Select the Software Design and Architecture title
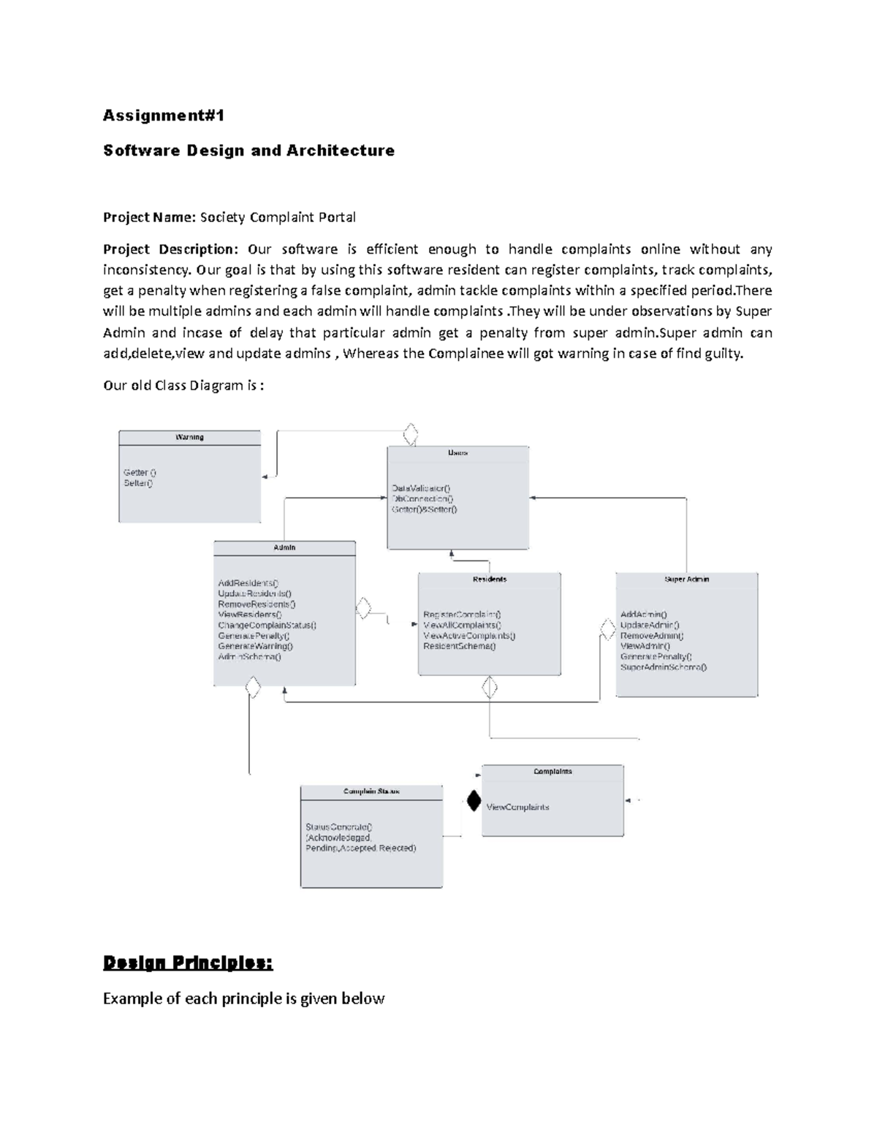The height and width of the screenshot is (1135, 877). (248, 151)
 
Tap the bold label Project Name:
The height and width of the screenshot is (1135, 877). (150, 217)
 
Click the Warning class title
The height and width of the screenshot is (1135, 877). (189, 437)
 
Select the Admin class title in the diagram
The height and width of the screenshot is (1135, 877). (284, 547)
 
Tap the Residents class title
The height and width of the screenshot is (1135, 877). (490, 579)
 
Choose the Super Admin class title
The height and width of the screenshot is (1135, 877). (686, 579)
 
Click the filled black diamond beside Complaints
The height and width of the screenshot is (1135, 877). (474, 801)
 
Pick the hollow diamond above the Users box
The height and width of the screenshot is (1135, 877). (411, 434)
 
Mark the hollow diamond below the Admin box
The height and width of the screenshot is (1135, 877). (253, 688)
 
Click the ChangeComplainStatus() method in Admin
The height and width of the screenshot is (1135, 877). (267, 626)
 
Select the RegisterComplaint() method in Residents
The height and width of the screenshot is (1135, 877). (462, 615)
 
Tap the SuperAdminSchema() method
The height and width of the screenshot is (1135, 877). (664, 667)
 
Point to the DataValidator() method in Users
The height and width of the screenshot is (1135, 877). (422, 488)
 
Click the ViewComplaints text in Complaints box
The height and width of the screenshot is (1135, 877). (517, 808)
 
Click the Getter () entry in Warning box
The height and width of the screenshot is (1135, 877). (140, 473)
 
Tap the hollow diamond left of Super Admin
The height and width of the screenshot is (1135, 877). (607, 629)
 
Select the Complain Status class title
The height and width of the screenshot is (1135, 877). (371, 792)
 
